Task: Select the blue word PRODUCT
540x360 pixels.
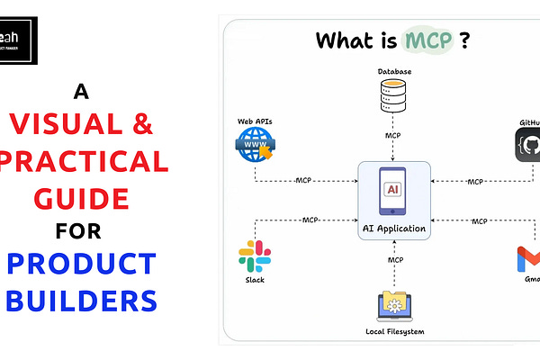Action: (85, 265)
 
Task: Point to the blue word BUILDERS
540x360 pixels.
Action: (85, 300)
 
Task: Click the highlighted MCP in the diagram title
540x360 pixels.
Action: (427, 41)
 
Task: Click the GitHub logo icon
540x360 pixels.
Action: (529, 144)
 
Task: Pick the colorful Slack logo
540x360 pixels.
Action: (255, 256)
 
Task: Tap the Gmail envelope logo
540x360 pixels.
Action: (529, 261)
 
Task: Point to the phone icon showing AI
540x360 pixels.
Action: (392, 190)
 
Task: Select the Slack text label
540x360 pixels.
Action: (255, 281)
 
